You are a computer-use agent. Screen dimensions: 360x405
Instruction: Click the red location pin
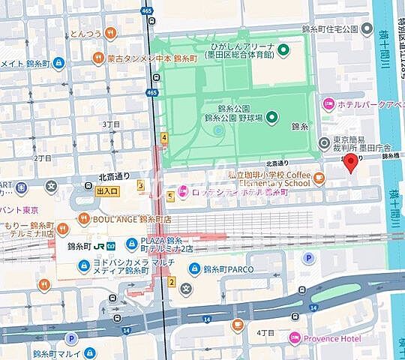350,165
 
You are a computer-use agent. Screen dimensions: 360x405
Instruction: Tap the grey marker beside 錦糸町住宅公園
367,29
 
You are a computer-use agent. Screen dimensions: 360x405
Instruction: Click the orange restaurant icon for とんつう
110,32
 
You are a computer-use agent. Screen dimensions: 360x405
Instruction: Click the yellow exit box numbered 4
163,137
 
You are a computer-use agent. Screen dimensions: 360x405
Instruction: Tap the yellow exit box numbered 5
170,197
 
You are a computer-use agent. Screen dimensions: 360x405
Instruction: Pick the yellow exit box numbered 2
172,282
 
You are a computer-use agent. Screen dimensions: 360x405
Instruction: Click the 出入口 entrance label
107,191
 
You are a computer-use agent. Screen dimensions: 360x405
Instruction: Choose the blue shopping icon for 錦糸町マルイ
89,352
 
